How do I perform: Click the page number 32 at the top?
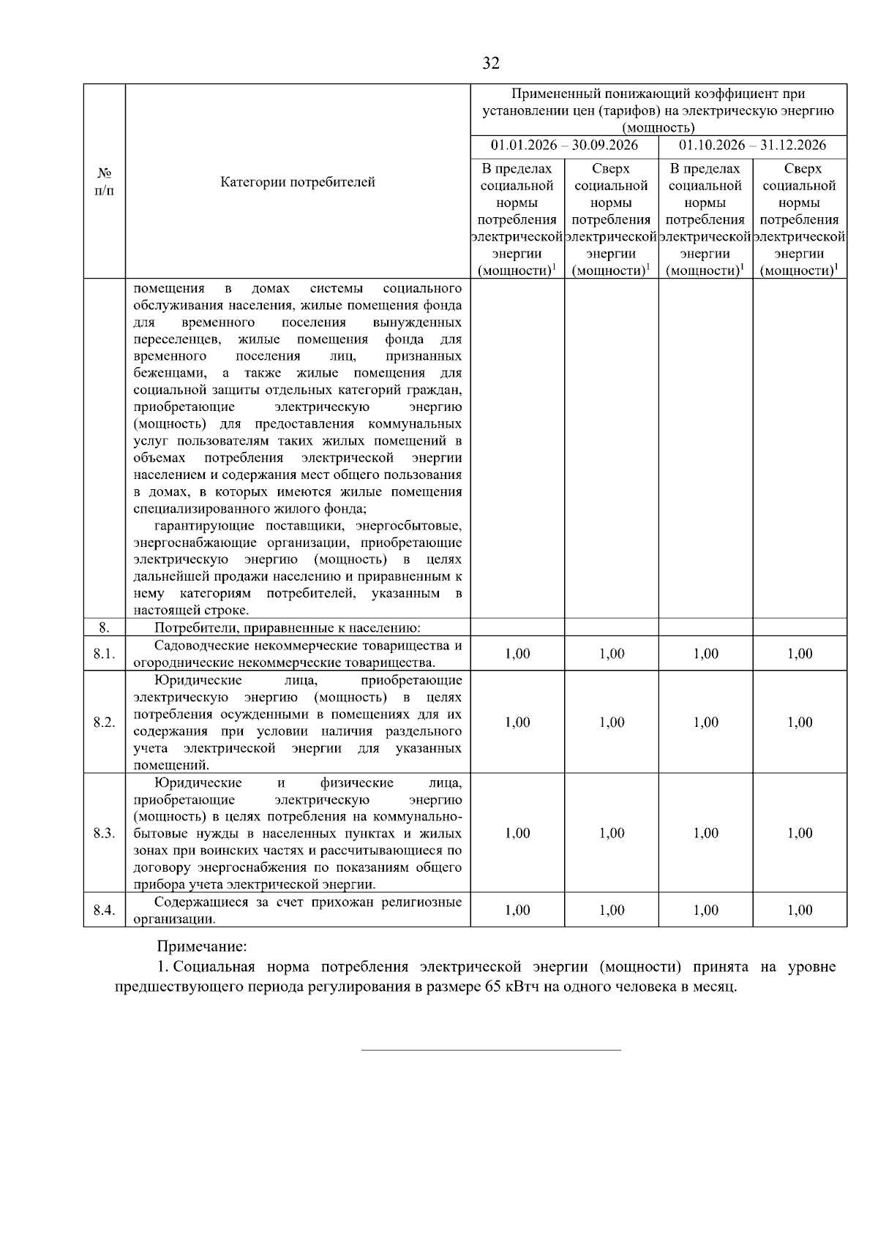491,64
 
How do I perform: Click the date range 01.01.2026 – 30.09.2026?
564,145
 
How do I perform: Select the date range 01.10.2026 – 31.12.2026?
753,145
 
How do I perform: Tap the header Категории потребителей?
298,182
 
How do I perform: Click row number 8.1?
105,654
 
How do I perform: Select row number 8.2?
105,723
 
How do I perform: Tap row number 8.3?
105,834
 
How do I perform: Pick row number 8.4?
105,910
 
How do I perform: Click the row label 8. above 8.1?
105,627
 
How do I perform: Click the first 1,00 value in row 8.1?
517,654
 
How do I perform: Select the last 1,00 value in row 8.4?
800,910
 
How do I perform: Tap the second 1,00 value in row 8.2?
612,723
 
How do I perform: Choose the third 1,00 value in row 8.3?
705,834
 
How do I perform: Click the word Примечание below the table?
202,948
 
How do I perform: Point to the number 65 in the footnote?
492,987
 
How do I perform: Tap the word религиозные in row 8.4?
425,902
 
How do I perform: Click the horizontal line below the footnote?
491,1050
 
